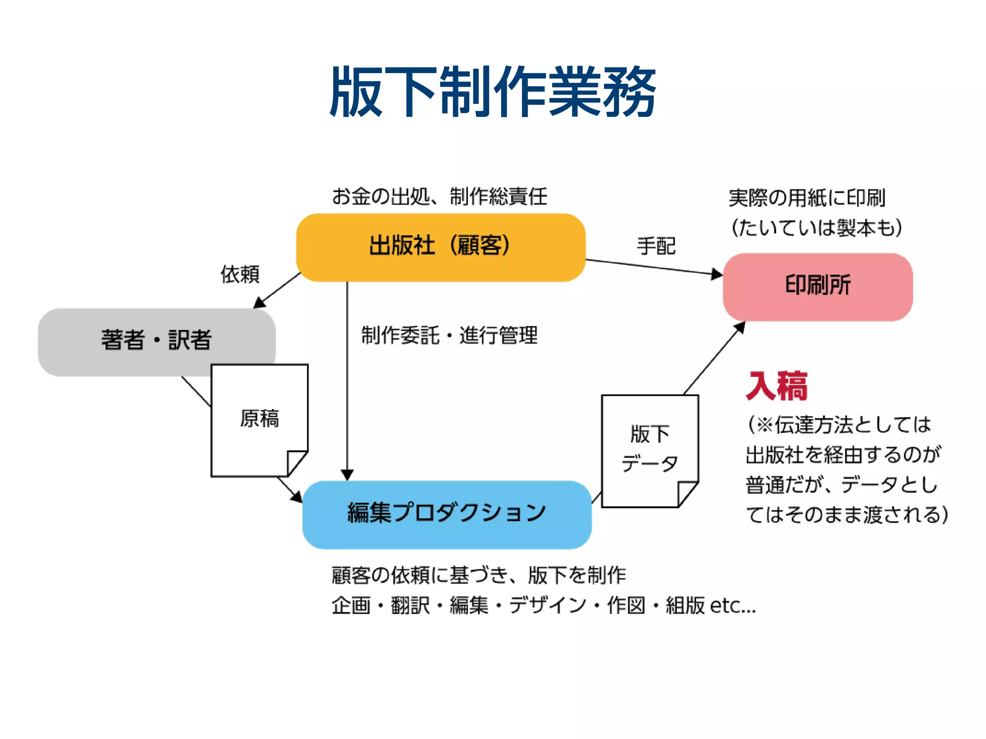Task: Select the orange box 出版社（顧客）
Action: (x=441, y=247)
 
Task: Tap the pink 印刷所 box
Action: (x=817, y=286)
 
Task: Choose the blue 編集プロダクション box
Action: (x=446, y=514)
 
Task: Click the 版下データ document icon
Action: (x=649, y=450)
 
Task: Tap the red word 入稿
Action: (x=777, y=386)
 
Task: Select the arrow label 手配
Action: (x=656, y=246)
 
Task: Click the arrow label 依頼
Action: (x=240, y=274)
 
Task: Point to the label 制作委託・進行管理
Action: (x=449, y=335)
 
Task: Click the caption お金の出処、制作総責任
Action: (x=439, y=197)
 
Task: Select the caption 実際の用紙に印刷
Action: (x=807, y=198)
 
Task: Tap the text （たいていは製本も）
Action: (x=817, y=228)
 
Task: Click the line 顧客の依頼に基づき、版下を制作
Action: (x=479, y=575)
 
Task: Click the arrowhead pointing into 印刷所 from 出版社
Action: (x=717, y=274)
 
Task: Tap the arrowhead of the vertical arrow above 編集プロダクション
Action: (x=347, y=475)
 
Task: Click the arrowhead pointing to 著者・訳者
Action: (x=259, y=303)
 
